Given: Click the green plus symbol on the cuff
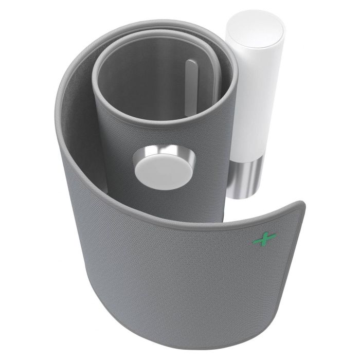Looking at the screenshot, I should (x=264, y=238).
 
